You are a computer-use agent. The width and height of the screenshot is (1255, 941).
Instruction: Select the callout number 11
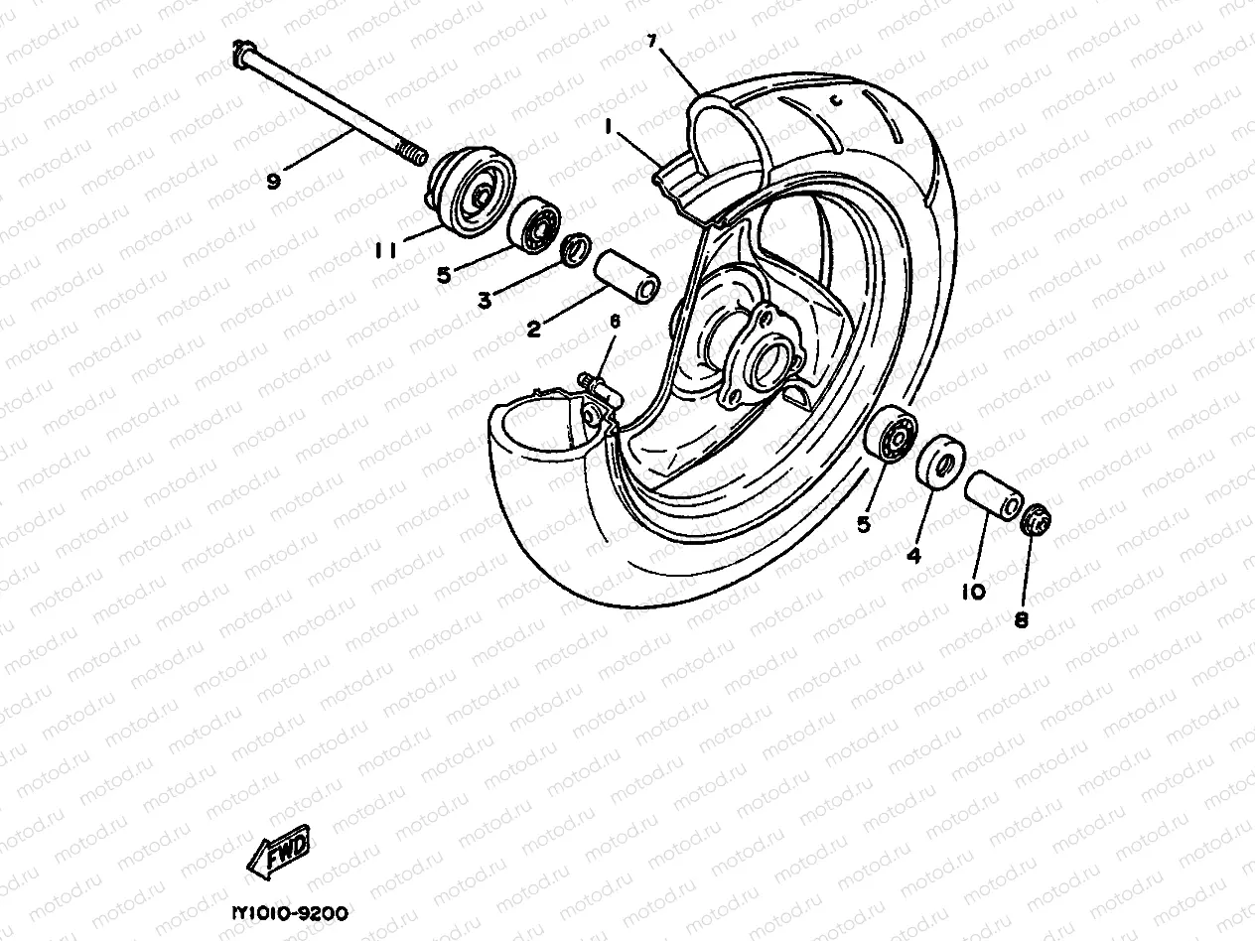[x=386, y=252]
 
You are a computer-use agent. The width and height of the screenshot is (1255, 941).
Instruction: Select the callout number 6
[x=615, y=322]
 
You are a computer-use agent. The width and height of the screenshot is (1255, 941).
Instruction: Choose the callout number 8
[x=1021, y=620]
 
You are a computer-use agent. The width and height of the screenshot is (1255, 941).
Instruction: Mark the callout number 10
[x=973, y=592]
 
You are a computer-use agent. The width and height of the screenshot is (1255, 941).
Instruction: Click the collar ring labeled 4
[x=938, y=463]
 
